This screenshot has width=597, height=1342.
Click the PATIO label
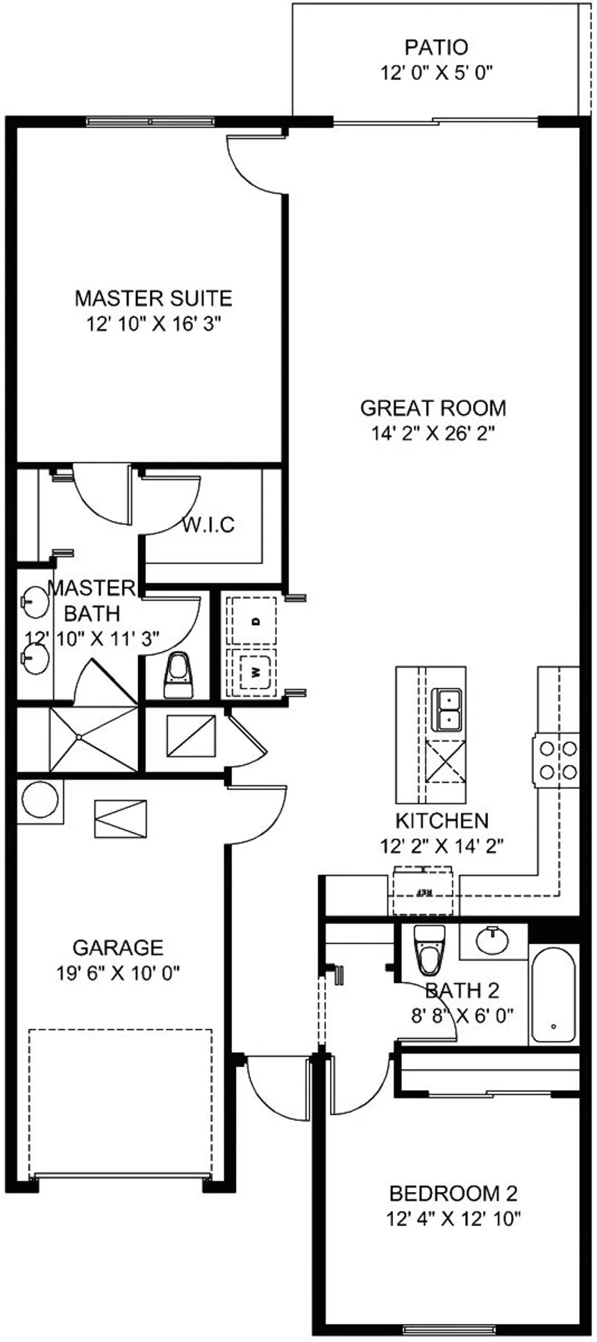pos(436,47)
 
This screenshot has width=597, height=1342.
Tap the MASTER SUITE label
pos(153,299)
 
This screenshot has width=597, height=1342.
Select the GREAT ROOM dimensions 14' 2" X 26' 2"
pos(433,433)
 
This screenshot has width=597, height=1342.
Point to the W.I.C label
pos(208,524)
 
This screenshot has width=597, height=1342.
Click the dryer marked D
pos(254,620)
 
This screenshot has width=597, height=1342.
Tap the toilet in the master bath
pos(178,675)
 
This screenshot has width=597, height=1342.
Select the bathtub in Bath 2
pos(553,994)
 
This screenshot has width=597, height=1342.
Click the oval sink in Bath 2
pos(493,941)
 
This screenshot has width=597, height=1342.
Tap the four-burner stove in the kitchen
pos(557,760)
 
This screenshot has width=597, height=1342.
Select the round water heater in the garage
pos(40,800)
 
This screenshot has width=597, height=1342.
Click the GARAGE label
pos(118,947)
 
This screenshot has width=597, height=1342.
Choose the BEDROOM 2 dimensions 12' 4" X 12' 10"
pos(454,1218)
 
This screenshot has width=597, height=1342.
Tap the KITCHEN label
pos(442,821)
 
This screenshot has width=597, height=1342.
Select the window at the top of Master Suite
pos(151,121)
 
